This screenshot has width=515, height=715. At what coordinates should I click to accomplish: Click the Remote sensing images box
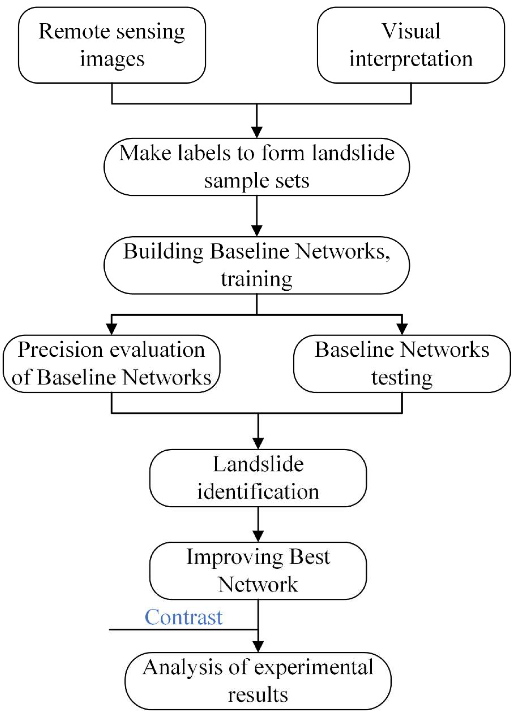click(x=112, y=45)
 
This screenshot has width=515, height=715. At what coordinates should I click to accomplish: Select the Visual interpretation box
click(x=411, y=45)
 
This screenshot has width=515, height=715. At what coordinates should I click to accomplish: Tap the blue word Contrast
click(x=183, y=617)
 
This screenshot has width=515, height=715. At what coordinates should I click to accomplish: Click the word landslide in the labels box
click(x=353, y=153)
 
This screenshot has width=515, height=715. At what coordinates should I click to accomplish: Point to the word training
click(x=257, y=279)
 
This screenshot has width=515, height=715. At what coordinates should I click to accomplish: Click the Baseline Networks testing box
click(x=402, y=364)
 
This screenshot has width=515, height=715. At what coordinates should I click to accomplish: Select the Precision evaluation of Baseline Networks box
click(x=111, y=364)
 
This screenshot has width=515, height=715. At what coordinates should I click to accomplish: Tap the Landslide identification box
click(x=258, y=478)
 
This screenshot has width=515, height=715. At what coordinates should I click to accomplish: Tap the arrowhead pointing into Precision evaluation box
click(x=111, y=329)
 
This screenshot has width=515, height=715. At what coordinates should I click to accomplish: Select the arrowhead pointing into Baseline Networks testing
click(x=402, y=329)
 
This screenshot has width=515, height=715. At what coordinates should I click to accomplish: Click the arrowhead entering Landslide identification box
click(x=258, y=443)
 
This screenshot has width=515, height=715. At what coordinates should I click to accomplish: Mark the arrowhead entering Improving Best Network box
click(x=258, y=536)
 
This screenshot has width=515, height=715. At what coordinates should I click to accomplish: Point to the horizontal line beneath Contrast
click(x=183, y=630)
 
